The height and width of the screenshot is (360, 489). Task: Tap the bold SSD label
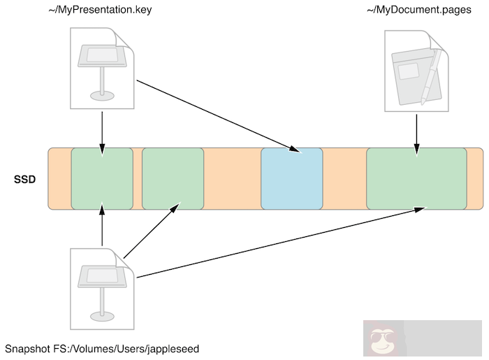[x=26, y=180]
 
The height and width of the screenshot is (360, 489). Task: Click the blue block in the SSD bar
[x=292, y=178]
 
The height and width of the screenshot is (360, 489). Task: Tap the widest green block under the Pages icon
[x=416, y=178]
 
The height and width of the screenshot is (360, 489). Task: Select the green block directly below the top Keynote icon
[x=102, y=178]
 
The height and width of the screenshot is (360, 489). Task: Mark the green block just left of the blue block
[x=173, y=178]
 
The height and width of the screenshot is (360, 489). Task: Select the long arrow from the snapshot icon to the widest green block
[x=279, y=243]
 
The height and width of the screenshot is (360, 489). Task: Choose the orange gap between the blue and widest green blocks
[x=344, y=178]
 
